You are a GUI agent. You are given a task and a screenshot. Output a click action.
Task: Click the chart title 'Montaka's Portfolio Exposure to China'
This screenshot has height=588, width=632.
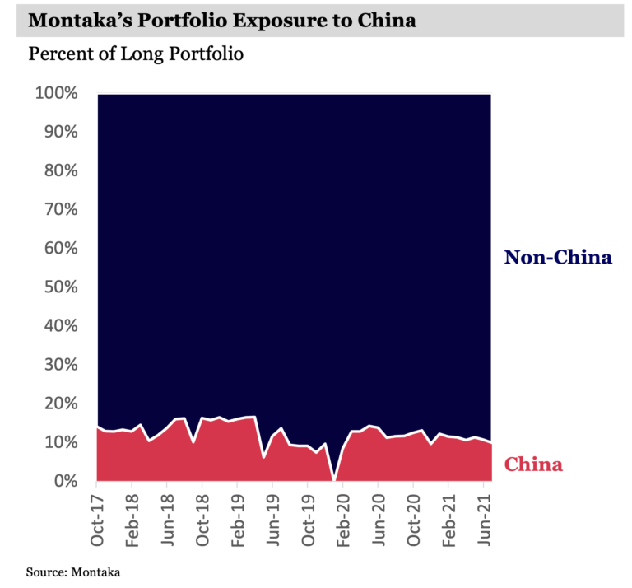coord(222,21)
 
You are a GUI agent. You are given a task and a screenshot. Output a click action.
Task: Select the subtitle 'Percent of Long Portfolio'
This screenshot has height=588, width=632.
coord(136,55)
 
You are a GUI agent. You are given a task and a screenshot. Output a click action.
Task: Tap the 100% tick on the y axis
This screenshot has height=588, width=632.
coord(56,94)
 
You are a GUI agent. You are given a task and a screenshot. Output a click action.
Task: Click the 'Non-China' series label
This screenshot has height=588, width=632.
coord(558,258)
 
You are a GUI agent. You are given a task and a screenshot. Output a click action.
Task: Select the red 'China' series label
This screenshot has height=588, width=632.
coord(533,464)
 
